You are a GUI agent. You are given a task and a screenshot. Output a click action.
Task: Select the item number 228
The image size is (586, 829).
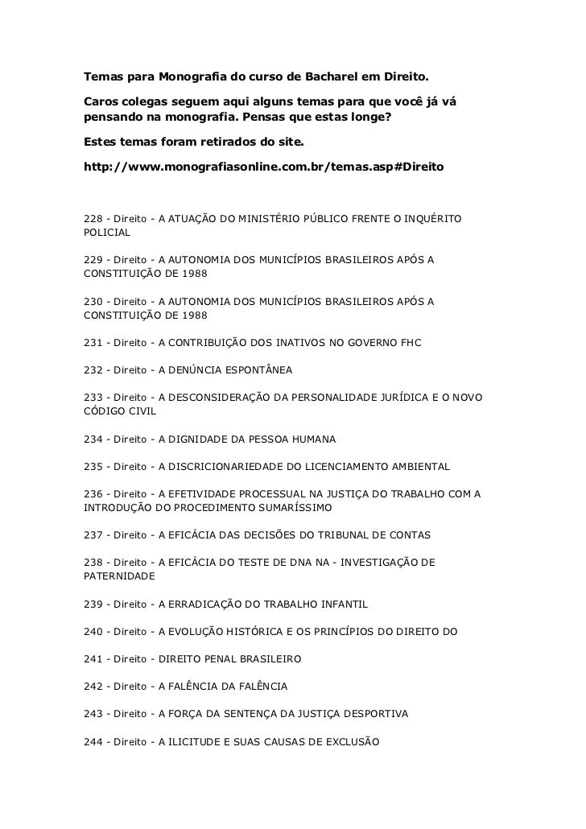tap(93, 218)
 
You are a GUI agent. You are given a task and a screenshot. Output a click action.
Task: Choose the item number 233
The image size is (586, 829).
tap(93, 398)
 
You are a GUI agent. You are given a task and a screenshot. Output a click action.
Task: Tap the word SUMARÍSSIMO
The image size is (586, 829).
tap(285, 508)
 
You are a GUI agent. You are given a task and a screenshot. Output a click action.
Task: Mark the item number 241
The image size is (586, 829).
tap(93, 658)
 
